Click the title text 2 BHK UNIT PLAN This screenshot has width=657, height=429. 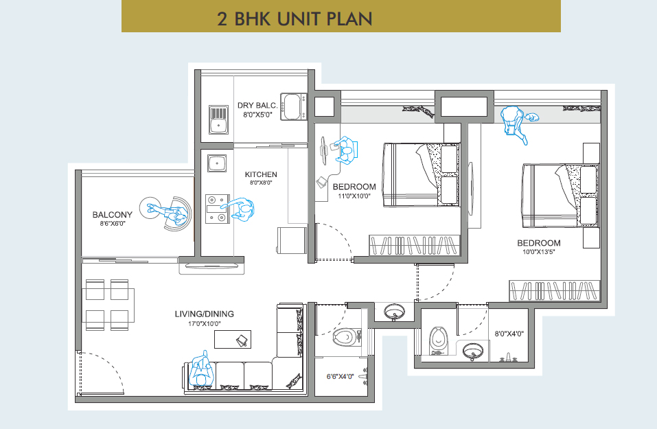295,19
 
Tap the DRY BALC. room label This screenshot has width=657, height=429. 257,105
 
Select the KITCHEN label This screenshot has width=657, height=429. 261,174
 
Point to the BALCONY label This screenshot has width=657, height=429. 113,214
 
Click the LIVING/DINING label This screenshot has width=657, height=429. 204,314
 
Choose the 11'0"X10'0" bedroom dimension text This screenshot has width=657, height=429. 354,196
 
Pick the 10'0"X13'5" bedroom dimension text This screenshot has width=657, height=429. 538,252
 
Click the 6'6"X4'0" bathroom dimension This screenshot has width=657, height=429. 340,376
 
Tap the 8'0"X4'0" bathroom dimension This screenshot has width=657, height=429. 509,334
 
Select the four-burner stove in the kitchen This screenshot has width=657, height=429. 218,209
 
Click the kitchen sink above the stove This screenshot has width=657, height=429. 217,163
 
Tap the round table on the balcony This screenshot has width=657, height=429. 151,208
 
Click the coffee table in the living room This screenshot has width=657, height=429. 233,339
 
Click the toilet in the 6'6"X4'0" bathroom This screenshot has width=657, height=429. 347,337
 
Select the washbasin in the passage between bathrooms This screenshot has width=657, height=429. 394,312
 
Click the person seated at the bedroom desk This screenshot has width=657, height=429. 346,150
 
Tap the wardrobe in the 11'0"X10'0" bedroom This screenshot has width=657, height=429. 415,245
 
